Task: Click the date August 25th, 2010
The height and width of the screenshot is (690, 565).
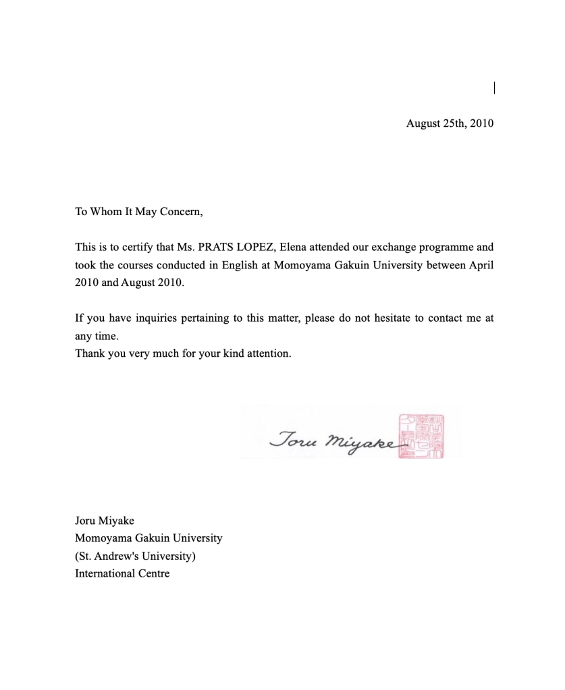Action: click(450, 123)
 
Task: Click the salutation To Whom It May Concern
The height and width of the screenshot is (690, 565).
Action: click(138, 212)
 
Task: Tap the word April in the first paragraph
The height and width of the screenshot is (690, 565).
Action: click(481, 265)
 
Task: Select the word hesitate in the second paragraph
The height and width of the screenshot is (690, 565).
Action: click(387, 318)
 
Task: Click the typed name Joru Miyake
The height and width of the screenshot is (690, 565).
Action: click(105, 521)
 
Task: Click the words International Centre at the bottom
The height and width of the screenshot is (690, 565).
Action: click(122, 574)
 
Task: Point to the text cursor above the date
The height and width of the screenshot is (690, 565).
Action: click(495, 87)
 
